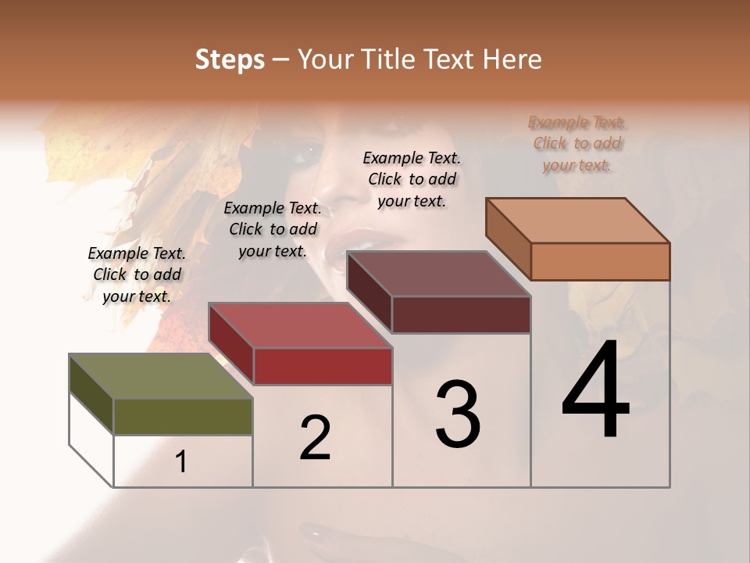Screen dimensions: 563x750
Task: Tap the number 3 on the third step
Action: [x=458, y=414]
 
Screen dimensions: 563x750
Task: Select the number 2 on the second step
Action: [x=315, y=438]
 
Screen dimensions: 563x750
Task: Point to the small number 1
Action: [x=181, y=462]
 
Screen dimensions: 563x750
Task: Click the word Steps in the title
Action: [x=230, y=59]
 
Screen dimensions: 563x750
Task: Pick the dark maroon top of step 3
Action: [x=438, y=274]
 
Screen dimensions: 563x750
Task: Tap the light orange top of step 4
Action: [x=577, y=220]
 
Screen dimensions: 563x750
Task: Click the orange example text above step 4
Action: [x=577, y=144]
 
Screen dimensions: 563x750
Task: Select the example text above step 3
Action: [x=412, y=179]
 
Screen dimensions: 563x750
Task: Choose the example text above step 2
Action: [x=273, y=229]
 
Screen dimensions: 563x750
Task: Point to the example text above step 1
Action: [x=137, y=274]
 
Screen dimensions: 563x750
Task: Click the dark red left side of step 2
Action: [x=230, y=344]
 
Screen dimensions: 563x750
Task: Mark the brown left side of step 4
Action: [x=508, y=238]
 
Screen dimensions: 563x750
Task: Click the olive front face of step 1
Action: [x=183, y=416]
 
